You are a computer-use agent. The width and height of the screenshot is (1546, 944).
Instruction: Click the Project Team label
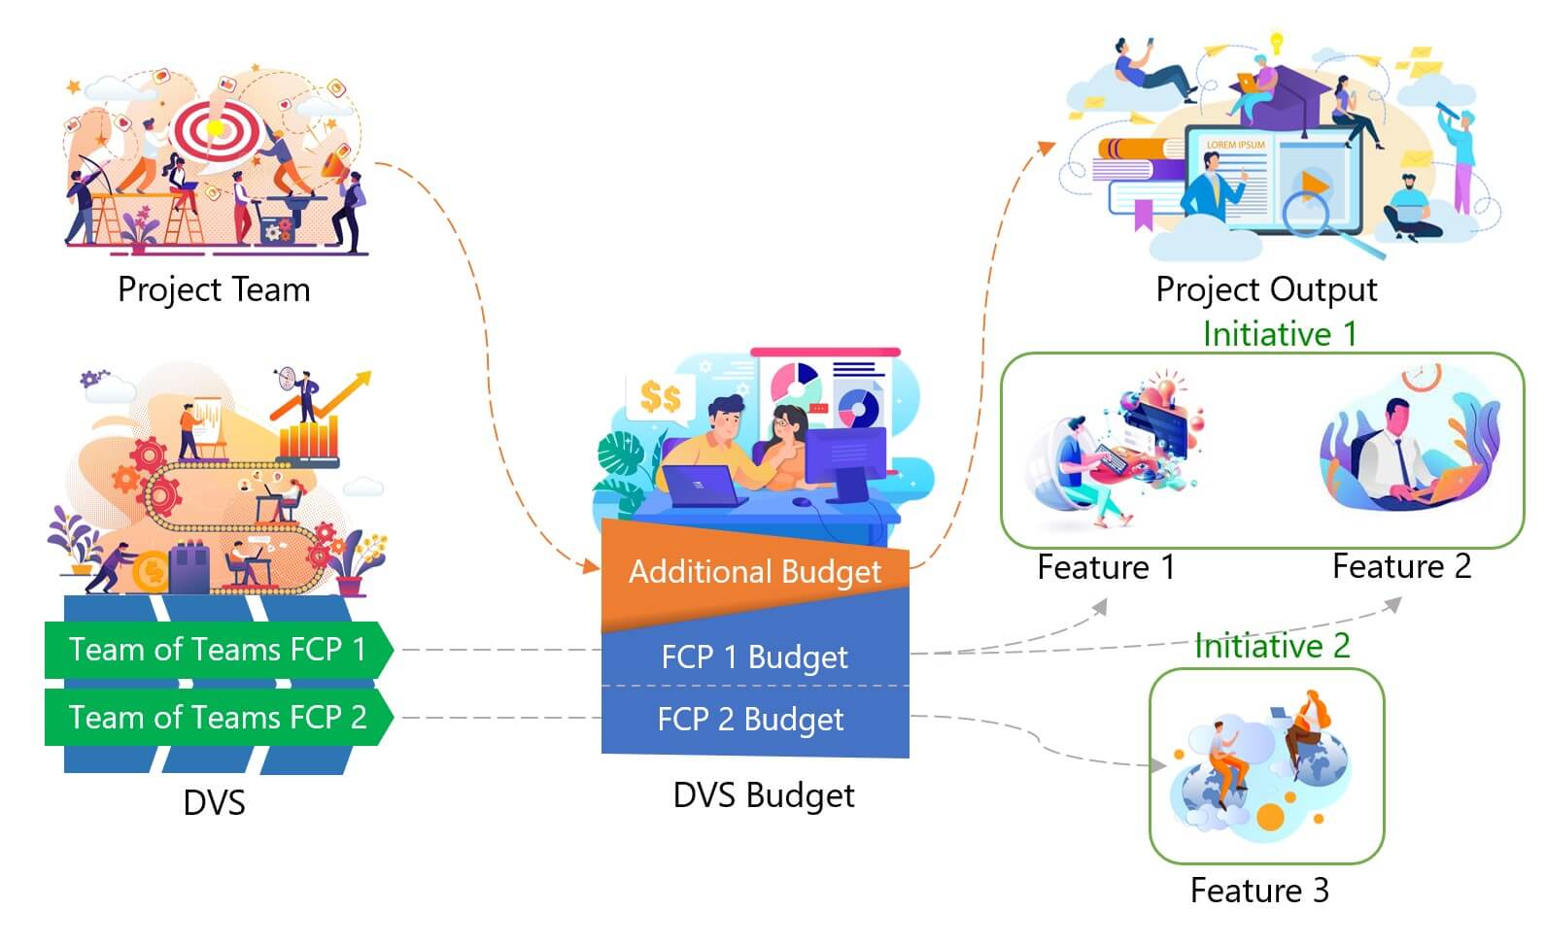[214, 289]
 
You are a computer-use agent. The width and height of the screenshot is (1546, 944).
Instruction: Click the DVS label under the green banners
[214, 803]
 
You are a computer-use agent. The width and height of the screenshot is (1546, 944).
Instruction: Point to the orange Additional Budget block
[755, 571]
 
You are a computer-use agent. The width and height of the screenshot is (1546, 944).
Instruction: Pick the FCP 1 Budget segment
[754, 657]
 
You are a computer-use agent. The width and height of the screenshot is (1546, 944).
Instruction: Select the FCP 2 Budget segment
[750, 720]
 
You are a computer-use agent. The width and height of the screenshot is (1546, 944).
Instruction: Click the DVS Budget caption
[764, 795]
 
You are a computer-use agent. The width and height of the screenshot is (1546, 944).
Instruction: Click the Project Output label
[1265, 289]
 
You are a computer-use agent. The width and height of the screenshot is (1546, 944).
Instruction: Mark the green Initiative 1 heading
[1279, 334]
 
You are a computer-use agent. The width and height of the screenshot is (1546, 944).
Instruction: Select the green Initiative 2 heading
[1272, 646]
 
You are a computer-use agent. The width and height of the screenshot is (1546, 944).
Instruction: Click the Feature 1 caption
[1106, 567]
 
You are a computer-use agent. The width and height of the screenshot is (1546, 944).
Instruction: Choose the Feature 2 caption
[1401, 566]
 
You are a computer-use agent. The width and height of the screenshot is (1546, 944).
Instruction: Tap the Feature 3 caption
[1259, 891]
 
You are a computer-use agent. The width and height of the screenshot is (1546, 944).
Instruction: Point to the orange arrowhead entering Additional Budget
[590, 566]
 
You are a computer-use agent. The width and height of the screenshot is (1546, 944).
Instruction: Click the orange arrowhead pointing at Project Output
[1047, 148]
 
